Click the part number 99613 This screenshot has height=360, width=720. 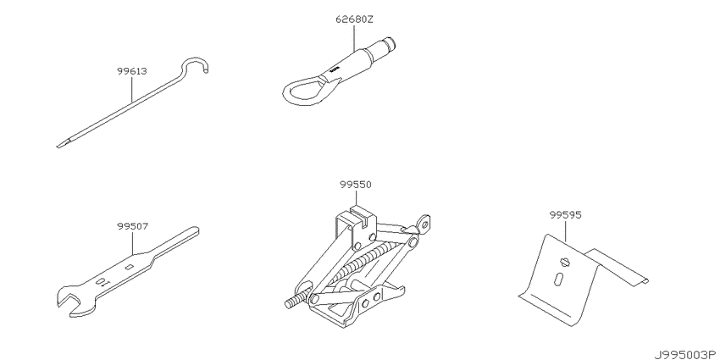(x=131, y=71)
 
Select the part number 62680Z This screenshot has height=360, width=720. (x=353, y=19)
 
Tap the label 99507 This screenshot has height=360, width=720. (x=132, y=226)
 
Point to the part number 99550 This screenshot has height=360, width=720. (x=356, y=185)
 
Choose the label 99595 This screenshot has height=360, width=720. (x=565, y=215)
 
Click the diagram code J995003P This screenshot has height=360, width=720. (x=685, y=354)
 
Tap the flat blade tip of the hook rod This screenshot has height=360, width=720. (x=64, y=144)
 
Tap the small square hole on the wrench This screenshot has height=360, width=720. (x=130, y=267)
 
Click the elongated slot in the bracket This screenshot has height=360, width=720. (x=559, y=279)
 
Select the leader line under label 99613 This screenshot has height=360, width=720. (x=132, y=89)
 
